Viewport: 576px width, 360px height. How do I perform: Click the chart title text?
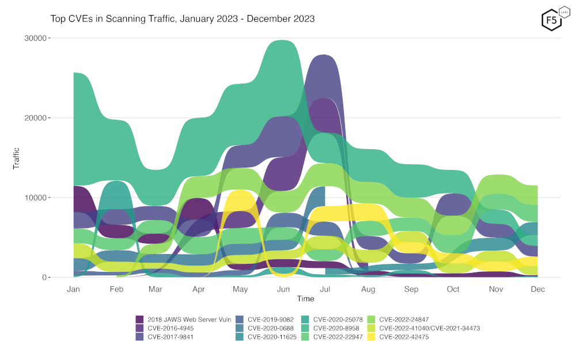pos(183,18)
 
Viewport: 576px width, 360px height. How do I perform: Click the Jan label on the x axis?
pos(73,289)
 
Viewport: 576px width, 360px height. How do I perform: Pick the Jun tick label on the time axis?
pos(283,289)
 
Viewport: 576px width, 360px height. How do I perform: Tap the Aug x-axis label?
pos(367,289)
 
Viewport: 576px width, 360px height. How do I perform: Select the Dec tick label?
pos(537,289)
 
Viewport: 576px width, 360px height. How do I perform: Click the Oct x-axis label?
pos(453,289)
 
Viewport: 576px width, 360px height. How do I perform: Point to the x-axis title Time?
pos(305,299)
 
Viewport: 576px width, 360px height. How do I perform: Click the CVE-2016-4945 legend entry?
pos(168,328)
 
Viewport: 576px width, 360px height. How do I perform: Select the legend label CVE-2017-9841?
pos(168,337)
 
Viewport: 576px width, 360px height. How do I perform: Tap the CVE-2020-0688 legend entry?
pos(267,328)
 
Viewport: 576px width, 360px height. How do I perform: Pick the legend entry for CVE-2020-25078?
pos(335,319)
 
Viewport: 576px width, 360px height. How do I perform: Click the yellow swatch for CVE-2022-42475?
pos(372,337)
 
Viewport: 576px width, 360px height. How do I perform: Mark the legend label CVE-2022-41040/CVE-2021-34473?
pos(429,328)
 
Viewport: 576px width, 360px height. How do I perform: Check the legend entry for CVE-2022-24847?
pos(404,319)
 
